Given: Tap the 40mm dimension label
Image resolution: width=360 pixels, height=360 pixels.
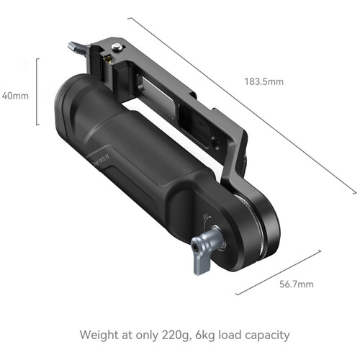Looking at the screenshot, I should (x=14, y=94).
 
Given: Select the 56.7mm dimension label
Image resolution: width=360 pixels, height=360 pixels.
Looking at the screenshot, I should (x=295, y=284).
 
